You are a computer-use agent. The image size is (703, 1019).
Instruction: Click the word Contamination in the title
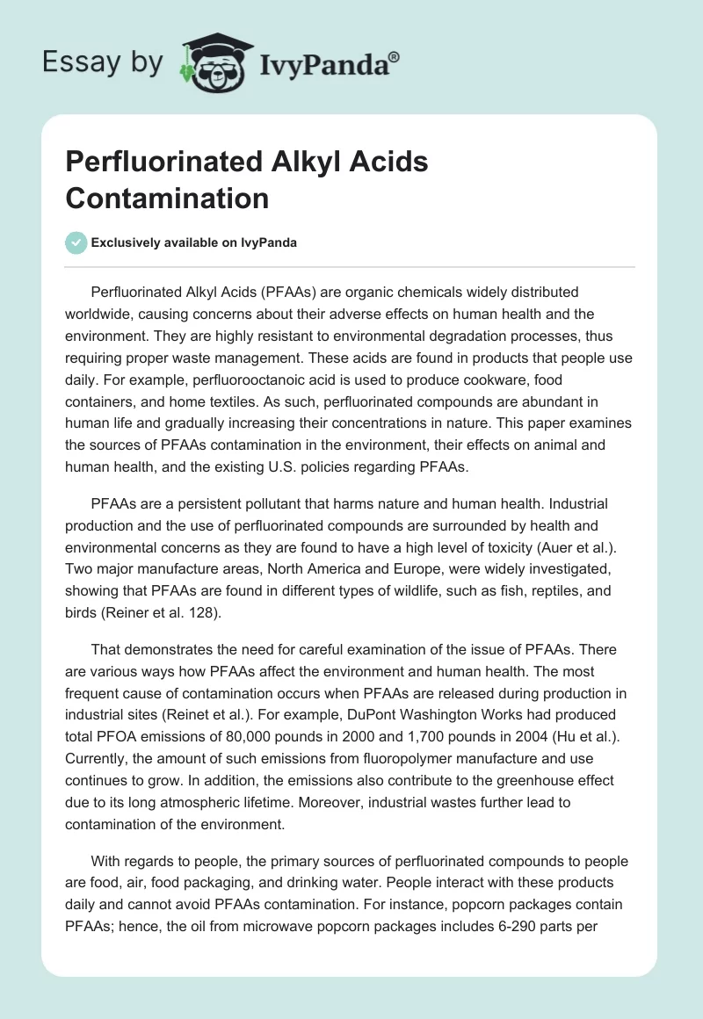[x=167, y=198]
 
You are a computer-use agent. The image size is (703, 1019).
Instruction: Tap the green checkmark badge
[x=76, y=242]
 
